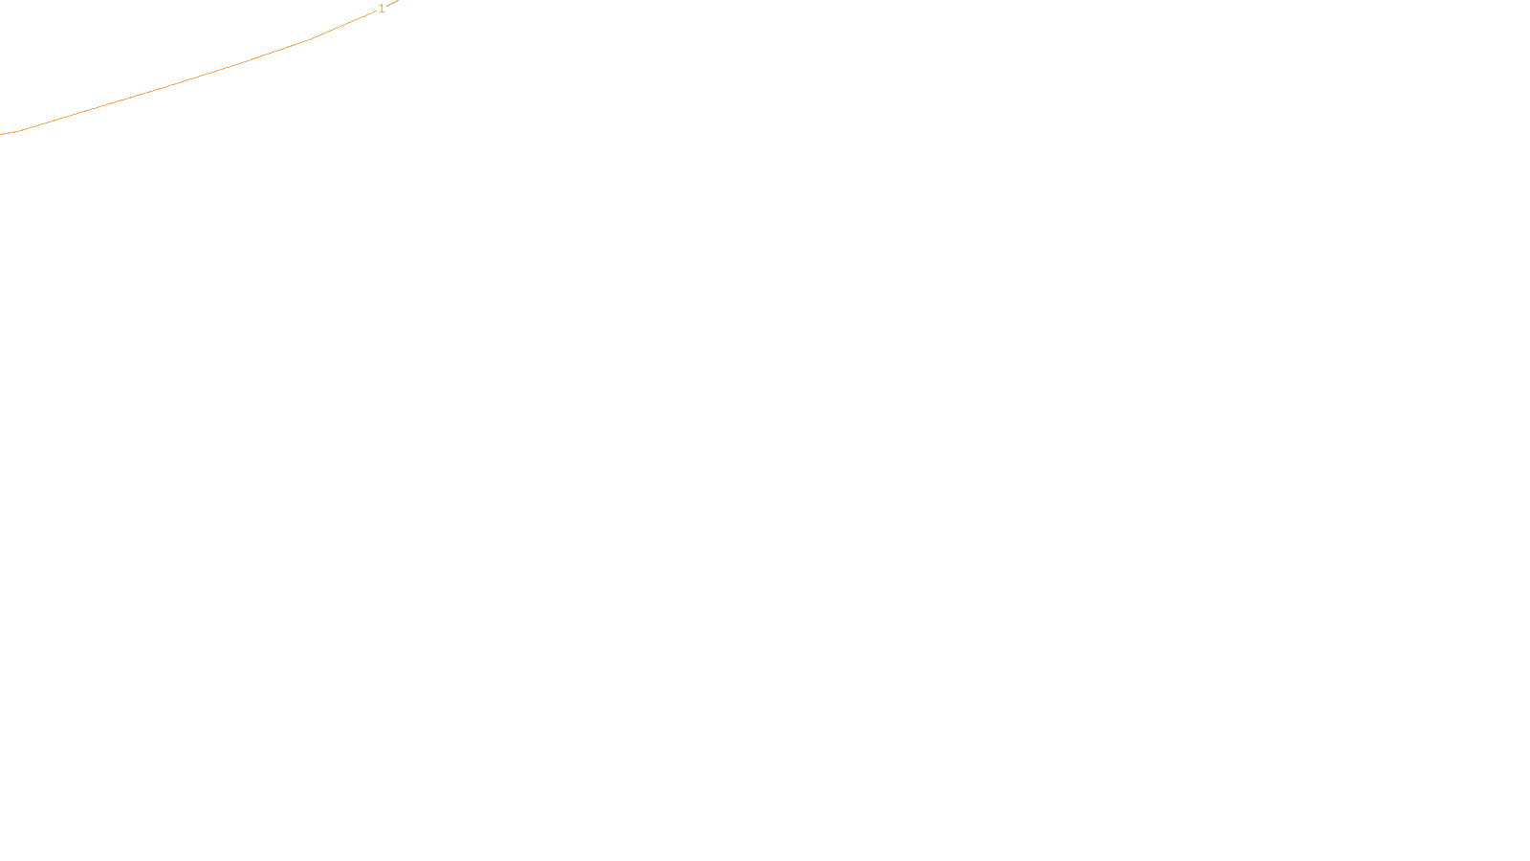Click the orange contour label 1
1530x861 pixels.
(382, 9)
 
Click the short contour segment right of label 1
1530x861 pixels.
(393, 3)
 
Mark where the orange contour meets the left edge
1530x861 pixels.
(2, 134)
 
